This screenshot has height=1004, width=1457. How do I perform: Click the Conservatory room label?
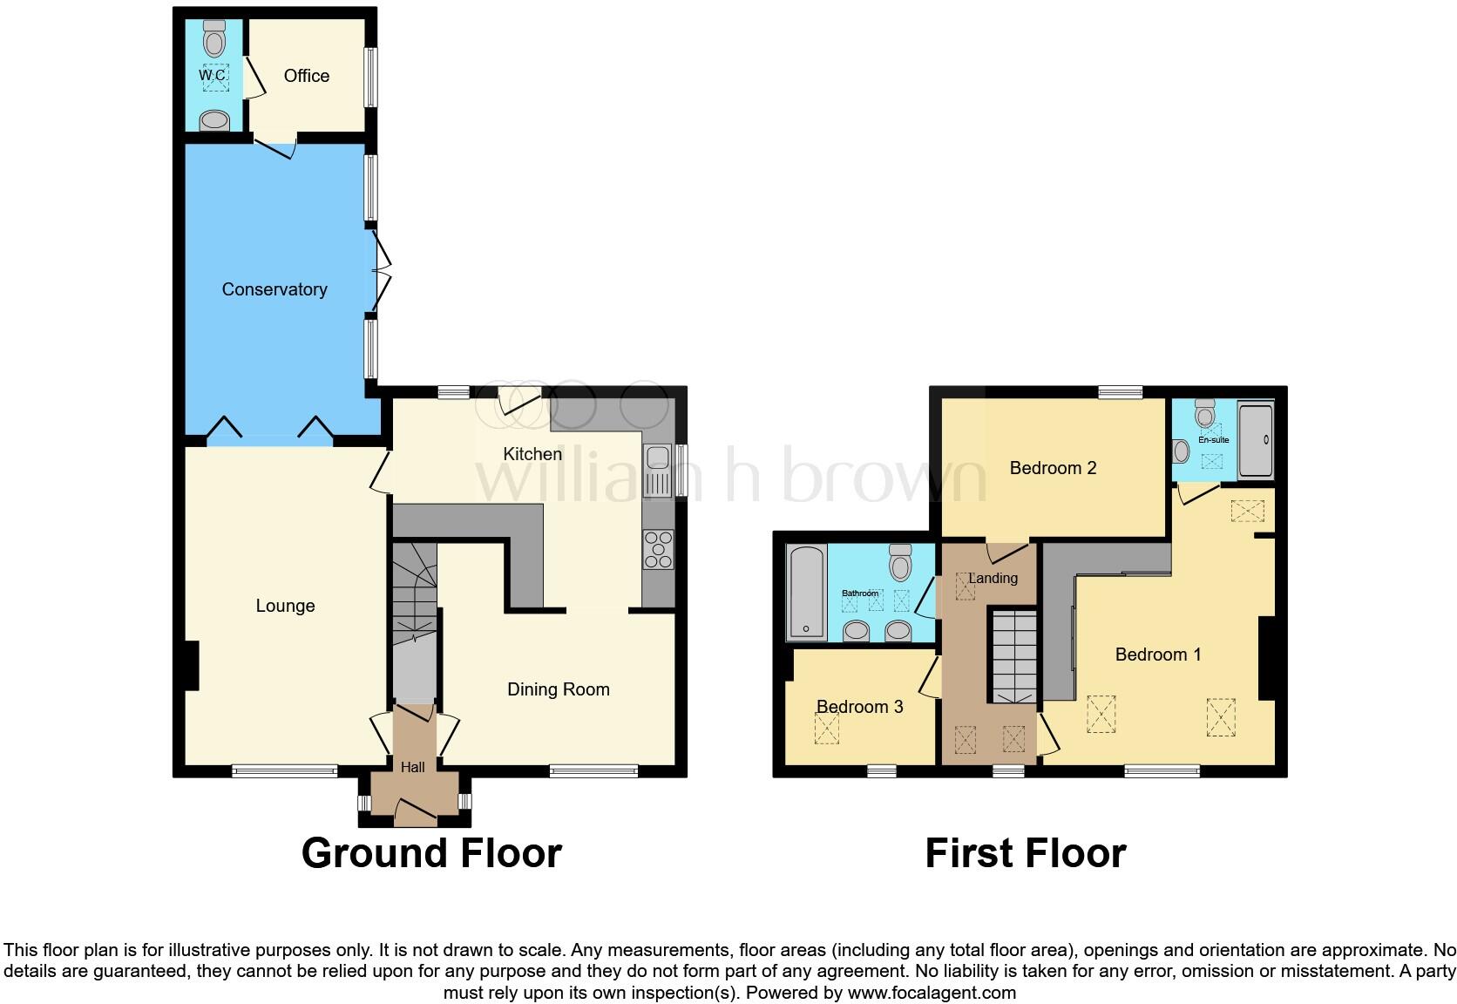(x=274, y=289)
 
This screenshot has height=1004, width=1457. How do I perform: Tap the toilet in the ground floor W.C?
(x=213, y=39)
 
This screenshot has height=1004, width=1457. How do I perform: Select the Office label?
(x=306, y=76)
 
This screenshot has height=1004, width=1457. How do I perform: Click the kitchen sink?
(x=655, y=471)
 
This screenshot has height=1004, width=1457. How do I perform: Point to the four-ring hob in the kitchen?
(x=657, y=549)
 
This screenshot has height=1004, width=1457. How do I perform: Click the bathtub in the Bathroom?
(x=806, y=593)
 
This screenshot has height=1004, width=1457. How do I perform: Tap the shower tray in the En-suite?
(x=1256, y=439)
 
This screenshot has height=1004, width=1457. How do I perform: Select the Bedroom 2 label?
(x=1052, y=468)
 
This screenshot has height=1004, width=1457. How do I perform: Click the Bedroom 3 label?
(x=859, y=706)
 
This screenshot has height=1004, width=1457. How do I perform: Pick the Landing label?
(x=993, y=578)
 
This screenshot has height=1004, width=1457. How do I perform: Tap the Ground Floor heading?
(x=431, y=852)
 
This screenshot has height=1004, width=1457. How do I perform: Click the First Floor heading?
(x=1025, y=852)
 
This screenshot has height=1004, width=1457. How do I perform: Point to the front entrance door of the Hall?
(x=416, y=813)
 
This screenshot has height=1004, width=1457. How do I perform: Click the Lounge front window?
(x=284, y=770)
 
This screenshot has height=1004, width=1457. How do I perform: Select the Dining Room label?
(x=558, y=689)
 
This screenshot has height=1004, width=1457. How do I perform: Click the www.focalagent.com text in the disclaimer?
(x=932, y=992)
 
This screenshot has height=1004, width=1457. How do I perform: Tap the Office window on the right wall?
(x=370, y=76)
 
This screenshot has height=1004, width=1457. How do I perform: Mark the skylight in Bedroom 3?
(x=826, y=728)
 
